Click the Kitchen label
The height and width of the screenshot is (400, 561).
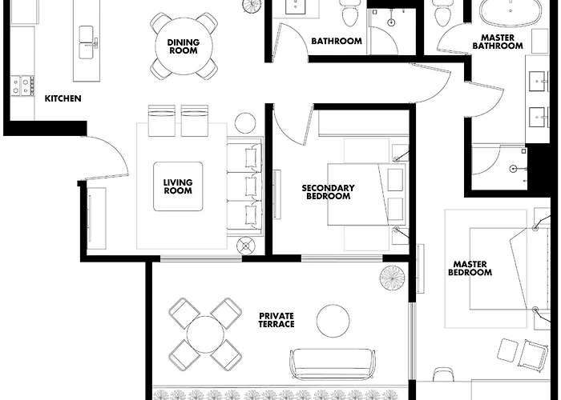[63, 98]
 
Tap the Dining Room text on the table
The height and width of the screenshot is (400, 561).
[184, 46]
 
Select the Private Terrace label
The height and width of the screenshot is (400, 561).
[276, 320]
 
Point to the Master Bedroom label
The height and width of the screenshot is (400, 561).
[470, 268]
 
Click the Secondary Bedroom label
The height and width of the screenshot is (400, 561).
[328, 192]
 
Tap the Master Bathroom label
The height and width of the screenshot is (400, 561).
[498, 42]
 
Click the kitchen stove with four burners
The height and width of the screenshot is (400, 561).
[22, 86]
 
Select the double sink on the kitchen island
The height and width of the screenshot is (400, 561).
[87, 42]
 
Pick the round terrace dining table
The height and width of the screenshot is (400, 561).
[205, 334]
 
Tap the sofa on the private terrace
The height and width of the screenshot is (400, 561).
[333, 363]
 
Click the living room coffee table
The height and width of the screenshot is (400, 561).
[178, 186]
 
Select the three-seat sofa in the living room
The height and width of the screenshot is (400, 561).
[245, 186]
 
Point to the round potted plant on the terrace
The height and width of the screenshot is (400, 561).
[393, 278]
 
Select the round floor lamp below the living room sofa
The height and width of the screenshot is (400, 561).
[245, 246]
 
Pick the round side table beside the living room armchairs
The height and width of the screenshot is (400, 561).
[245, 123]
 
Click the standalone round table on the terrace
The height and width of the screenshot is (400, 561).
[333, 321]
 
